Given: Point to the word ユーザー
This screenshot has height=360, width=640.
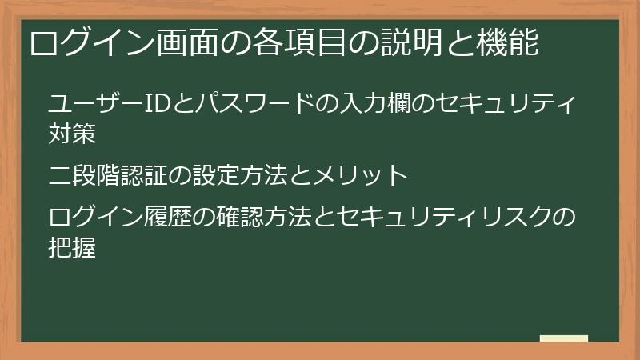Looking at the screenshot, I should [x=90, y=104].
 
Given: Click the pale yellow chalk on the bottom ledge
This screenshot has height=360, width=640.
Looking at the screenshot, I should [x=563, y=338].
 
